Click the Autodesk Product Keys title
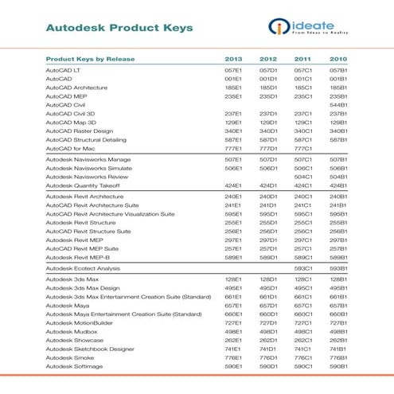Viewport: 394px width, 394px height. pyautogui.click(x=119, y=29)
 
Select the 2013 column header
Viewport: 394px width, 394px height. pyautogui.click(x=233, y=60)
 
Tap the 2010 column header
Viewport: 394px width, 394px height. pyautogui.click(x=338, y=60)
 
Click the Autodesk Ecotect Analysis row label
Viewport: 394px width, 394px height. pyautogui.click(x=86, y=269)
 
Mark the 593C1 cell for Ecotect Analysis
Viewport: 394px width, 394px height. pyautogui.click(x=303, y=269)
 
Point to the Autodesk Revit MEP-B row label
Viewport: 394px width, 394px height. pyautogui.click(x=81, y=257)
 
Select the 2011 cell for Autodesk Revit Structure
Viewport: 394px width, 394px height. pyautogui.click(x=303, y=224)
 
